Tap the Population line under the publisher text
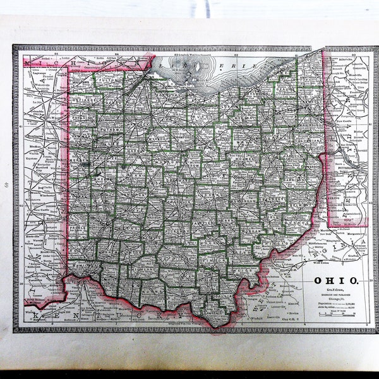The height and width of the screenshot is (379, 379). (335, 303)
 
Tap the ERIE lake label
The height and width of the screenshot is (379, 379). (234, 64)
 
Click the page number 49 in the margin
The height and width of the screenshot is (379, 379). (6, 184)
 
